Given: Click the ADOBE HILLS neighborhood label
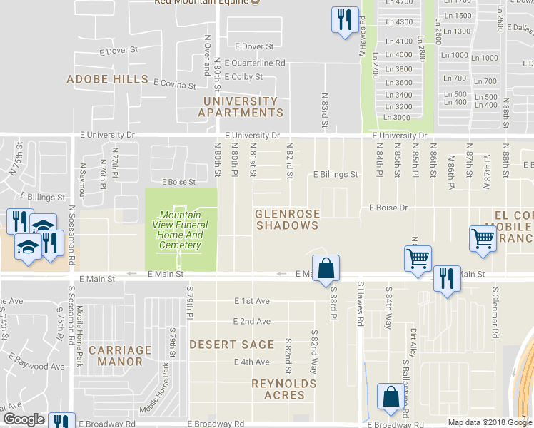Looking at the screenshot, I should (107, 79).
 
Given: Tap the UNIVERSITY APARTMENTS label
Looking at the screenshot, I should (241, 107).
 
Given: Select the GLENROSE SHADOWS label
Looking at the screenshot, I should (287, 220).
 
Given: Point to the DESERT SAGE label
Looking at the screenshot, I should (232, 345).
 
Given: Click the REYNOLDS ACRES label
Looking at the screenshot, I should (283, 389).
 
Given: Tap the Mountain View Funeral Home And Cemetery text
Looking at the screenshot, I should (181, 230).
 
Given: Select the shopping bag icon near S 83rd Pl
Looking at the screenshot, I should (326, 269).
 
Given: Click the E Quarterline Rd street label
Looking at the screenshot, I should (255, 63).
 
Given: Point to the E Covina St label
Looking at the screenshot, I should (173, 85).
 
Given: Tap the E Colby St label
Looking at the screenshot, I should (243, 77).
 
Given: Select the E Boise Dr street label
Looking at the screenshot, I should (388, 208).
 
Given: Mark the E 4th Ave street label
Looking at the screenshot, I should (252, 362).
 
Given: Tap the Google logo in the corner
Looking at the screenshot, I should (23, 419).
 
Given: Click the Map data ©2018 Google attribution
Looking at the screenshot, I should (489, 422).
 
